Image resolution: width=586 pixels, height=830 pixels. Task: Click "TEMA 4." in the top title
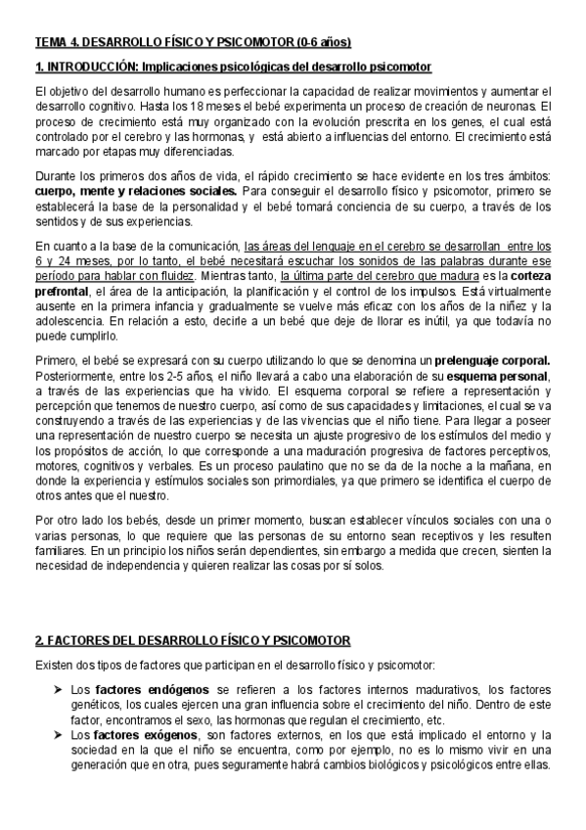(56, 43)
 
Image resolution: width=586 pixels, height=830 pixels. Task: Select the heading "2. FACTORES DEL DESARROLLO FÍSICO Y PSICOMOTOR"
(192, 641)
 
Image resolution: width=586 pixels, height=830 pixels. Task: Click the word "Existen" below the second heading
(55, 666)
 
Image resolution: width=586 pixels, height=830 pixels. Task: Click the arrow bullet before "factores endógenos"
(58, 688)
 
